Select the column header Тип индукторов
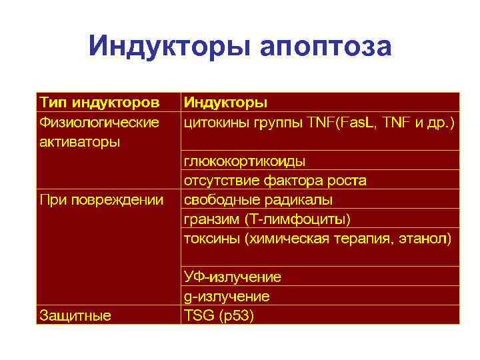99,103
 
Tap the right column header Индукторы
225,103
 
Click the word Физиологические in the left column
99,122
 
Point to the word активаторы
80,141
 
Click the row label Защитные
75,315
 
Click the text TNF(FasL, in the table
342,122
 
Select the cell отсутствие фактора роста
275,180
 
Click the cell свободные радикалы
258,199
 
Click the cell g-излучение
227,296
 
